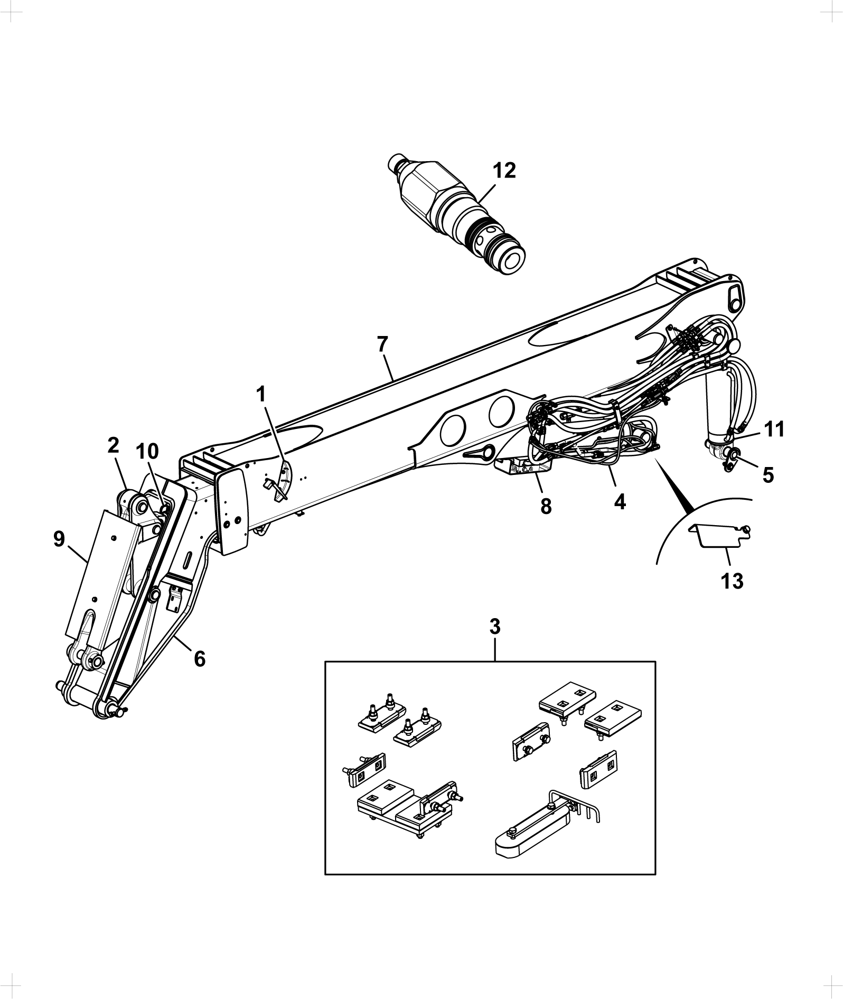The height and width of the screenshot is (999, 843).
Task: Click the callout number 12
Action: click(504, 171)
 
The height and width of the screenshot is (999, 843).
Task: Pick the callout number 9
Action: click(59, 539)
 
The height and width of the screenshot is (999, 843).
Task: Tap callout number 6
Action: click(200, 659)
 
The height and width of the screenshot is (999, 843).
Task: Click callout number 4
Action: click(620, 501)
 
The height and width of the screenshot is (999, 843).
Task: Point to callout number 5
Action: click(768, 475)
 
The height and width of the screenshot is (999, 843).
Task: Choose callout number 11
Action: click(773, 429)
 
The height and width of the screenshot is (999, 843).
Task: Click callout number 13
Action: click(732, 581)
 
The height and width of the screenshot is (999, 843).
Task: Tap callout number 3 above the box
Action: click(495, 627)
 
